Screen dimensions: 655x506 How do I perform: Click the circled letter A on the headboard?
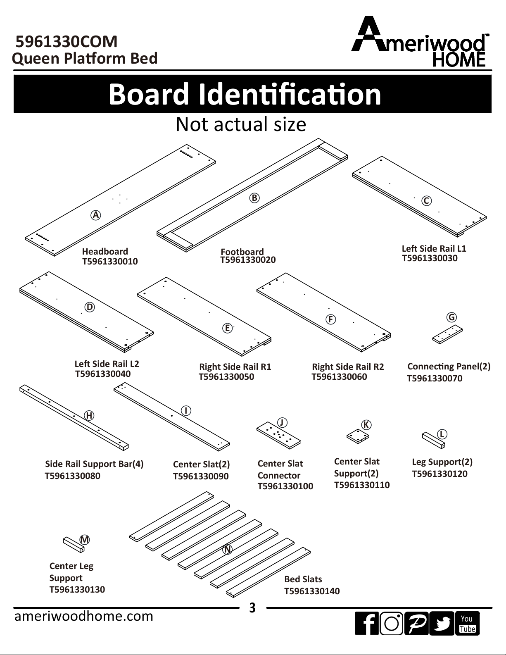(96, 215)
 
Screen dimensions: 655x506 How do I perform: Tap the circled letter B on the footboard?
(254, 198)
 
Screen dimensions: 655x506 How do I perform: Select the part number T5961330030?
(430, 258)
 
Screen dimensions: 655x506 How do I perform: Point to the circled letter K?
(366, 425)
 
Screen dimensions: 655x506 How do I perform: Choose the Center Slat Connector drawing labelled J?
(278, 436)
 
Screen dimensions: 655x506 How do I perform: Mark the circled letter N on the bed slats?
(227, 550)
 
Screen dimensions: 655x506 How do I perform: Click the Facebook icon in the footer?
(366, 624)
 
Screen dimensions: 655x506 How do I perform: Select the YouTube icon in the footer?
(467, 624)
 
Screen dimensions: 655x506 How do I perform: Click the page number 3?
(252, 608)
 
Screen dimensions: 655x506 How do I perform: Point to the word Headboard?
(105, 251)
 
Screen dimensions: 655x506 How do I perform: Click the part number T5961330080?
(72, 476)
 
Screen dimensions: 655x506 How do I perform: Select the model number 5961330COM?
(66, 42)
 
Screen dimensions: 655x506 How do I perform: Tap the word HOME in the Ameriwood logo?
(458, 60)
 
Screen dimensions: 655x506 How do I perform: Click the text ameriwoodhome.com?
(84, 616)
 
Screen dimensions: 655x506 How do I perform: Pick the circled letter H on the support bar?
(89, 416)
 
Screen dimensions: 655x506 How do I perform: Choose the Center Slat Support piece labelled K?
(357, 436)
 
